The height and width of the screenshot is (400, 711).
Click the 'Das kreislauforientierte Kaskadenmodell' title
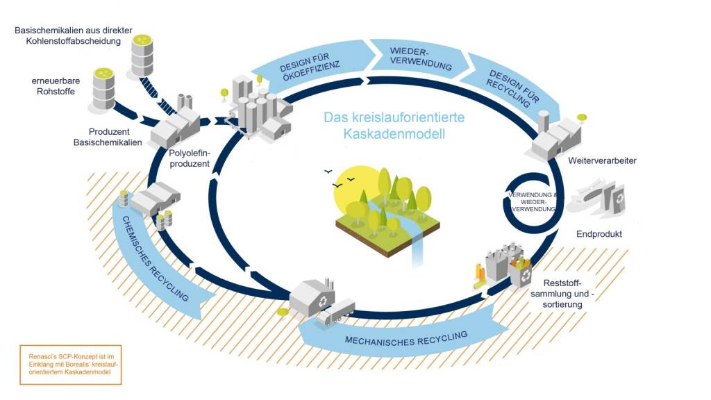394,125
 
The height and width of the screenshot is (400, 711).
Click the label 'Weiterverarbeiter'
602,161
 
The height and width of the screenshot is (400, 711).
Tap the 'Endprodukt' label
599,234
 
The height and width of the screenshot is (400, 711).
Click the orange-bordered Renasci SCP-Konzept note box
70,364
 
